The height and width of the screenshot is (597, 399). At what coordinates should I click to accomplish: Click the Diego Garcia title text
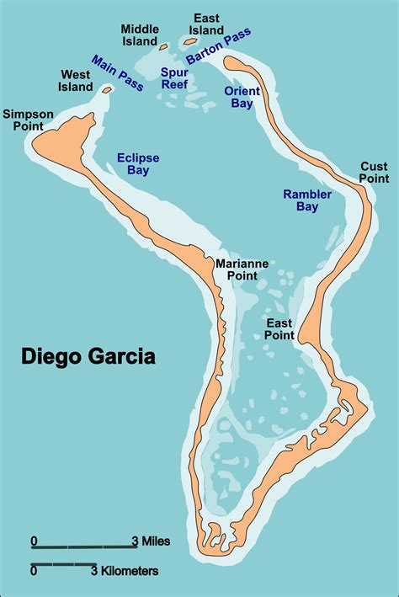point(88,356)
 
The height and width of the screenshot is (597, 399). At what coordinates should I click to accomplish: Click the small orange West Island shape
point(107,88)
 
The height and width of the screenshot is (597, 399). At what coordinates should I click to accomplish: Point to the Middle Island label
point(139,35)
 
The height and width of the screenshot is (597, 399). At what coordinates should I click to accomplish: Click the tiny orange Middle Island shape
point(165,47)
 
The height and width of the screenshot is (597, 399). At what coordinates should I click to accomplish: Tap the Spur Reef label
point(174,78)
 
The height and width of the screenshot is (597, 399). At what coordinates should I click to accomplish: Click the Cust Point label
point(374,172)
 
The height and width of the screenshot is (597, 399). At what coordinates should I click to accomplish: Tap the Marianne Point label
point(242,269)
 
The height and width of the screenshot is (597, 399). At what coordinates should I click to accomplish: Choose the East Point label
point(279,329)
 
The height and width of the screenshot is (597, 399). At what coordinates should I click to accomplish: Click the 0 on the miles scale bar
point(34,540)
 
